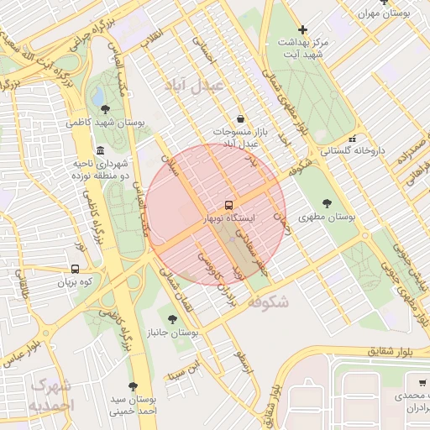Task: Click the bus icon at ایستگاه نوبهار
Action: tap(228, 205)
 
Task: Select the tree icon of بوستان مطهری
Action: tap(327, 203)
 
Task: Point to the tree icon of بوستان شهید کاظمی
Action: tap(105, 109)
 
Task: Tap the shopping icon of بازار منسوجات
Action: tap(241, 119)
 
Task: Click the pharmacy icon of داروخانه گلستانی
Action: tap(353, 139)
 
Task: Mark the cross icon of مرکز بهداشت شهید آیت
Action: tap(303, 29)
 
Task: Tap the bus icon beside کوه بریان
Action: tap(76, 270)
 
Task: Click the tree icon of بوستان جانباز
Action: tap(172, 319)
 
